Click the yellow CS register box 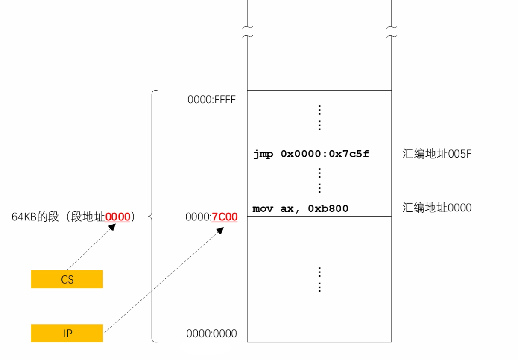[67, 279]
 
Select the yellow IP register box [67, 333]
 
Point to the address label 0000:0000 [211, 334]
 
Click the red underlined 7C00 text [225, 217]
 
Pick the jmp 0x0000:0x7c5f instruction [311, 154]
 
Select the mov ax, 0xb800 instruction [300, 208]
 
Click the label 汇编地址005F [436, 154]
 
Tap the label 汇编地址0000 [436, 208]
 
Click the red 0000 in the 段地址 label [117, 217]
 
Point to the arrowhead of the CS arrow [112, 226]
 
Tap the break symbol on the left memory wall [247, 32]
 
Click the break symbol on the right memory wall [391, 32]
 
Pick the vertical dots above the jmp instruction [319, 117]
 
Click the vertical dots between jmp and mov [319, 181]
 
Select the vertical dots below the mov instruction [319, 279]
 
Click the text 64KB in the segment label [23, 217]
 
